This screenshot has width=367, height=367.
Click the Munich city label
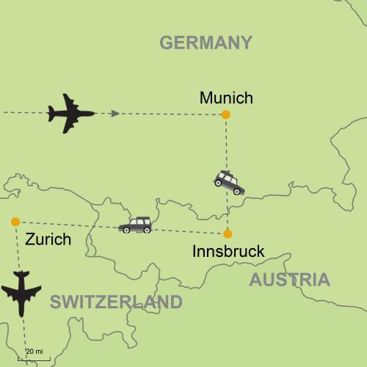click(226, 98)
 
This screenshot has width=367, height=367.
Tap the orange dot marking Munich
click(226, 115)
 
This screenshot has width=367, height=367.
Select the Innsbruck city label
click(228, 252)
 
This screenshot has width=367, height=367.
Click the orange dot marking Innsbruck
click(228, 234)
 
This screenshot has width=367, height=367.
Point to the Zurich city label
click(48, 239)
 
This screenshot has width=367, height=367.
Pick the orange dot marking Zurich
click(15, 222)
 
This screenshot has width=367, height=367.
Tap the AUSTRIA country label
click(289, 280)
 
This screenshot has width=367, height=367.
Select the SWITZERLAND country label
click(116, 302)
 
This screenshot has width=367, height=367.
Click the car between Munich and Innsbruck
click(229, 182)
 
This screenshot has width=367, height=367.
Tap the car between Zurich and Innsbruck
click(135, 225)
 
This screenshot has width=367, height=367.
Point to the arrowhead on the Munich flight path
click(115, 114)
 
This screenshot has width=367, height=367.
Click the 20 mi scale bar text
click(34, 352)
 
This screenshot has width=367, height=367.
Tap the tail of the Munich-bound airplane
click(51, 113)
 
